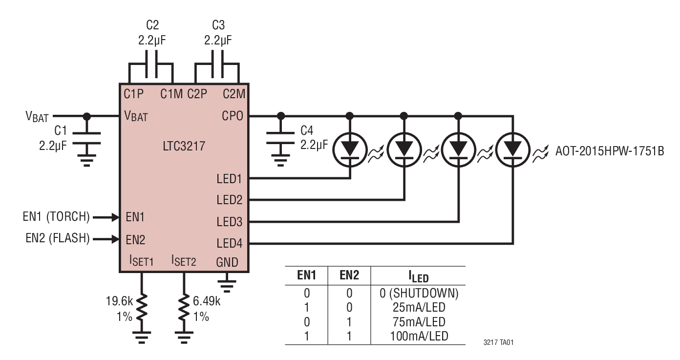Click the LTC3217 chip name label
[184, 145]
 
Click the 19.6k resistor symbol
[142, 307]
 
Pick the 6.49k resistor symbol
[184, 307]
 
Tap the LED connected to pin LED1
[350, 147]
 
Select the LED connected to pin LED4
[512, 147]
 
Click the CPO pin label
[233, 116]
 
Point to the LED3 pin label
[229, 221]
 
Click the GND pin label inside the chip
[227, 262]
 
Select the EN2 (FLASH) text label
[57, 239]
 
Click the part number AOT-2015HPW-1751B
[610, 151]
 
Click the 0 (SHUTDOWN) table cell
[419, 294]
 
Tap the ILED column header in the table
[418, 277]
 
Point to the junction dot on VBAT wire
[87, 116]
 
